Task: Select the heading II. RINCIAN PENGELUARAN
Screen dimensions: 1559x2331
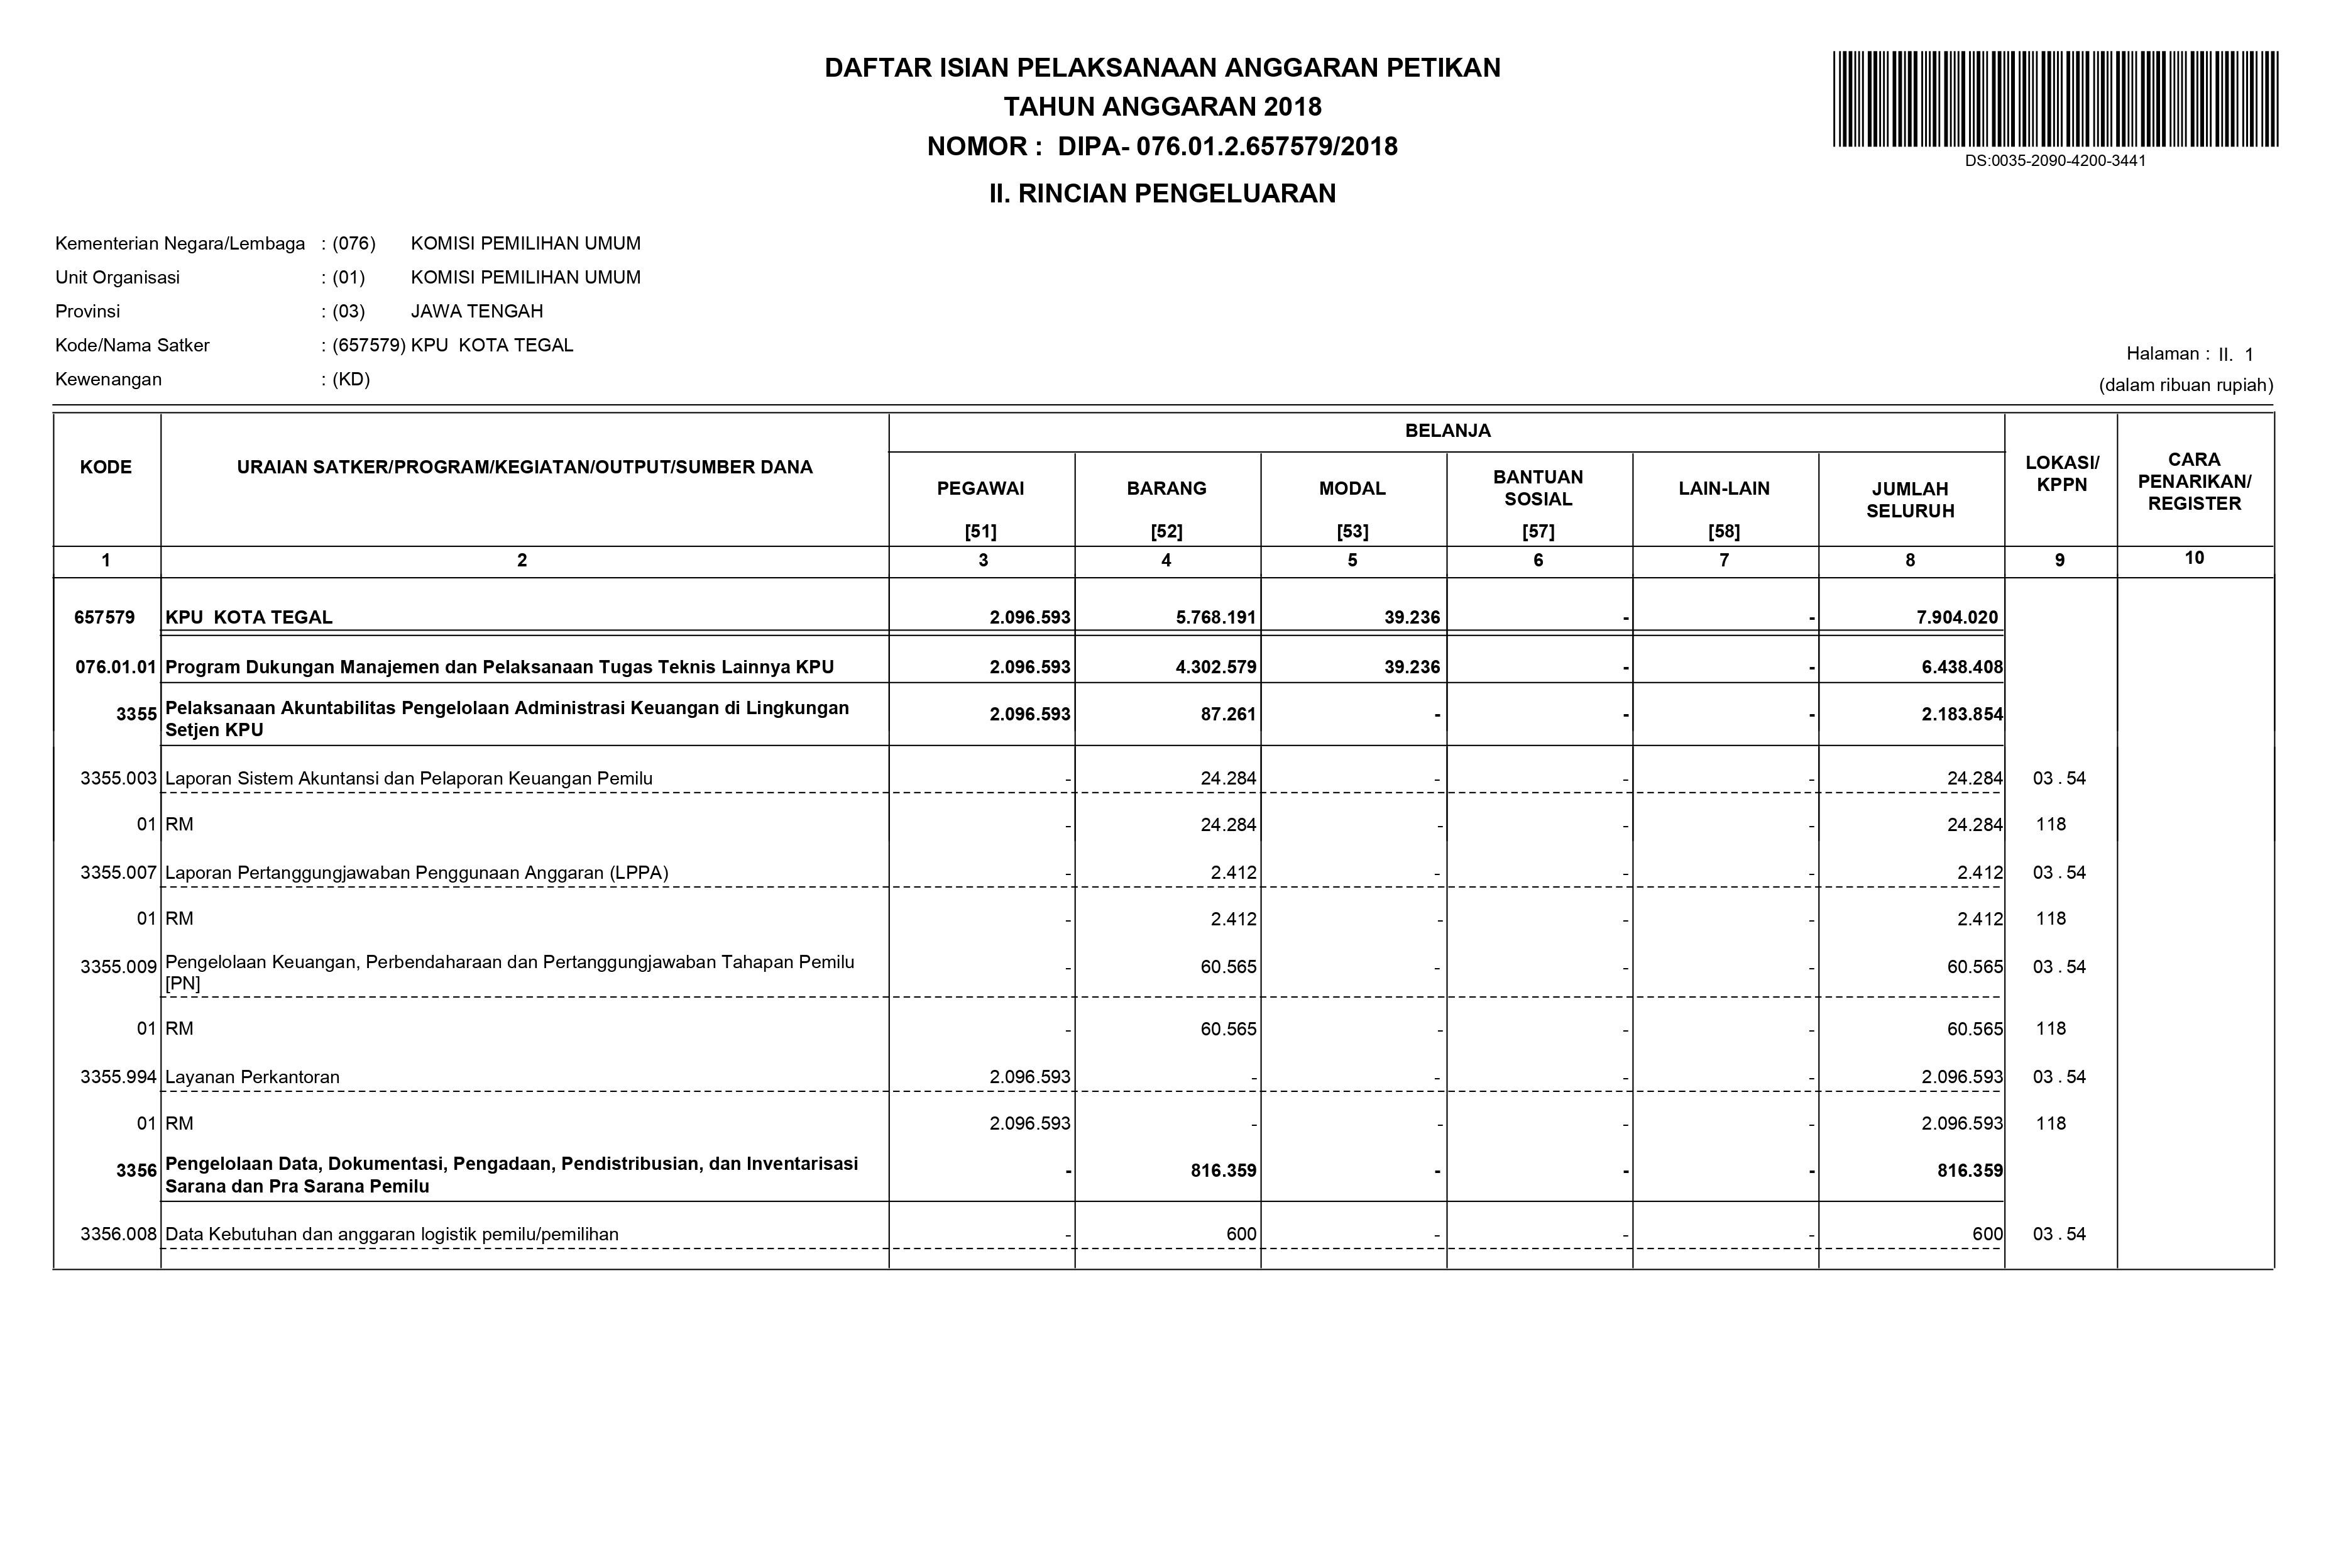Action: (x=1162, y=194)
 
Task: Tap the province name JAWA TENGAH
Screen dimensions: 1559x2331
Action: (x=477, y=311)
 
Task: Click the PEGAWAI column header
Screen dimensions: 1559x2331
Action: (x=980, y=489)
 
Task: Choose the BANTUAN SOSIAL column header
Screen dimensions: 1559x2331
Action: (x=1538, y=488)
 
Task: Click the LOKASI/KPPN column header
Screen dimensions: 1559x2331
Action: (x=2061, y=474)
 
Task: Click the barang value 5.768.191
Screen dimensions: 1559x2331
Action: (x=1215, y=617)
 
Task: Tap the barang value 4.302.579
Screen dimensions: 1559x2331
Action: (x=1215, y=667)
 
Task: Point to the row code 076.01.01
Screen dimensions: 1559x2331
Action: (x=115, y=667)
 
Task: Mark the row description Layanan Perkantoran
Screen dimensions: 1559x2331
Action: (x=253, y=1077)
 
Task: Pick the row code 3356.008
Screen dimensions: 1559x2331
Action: (x=118, y=1235)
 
